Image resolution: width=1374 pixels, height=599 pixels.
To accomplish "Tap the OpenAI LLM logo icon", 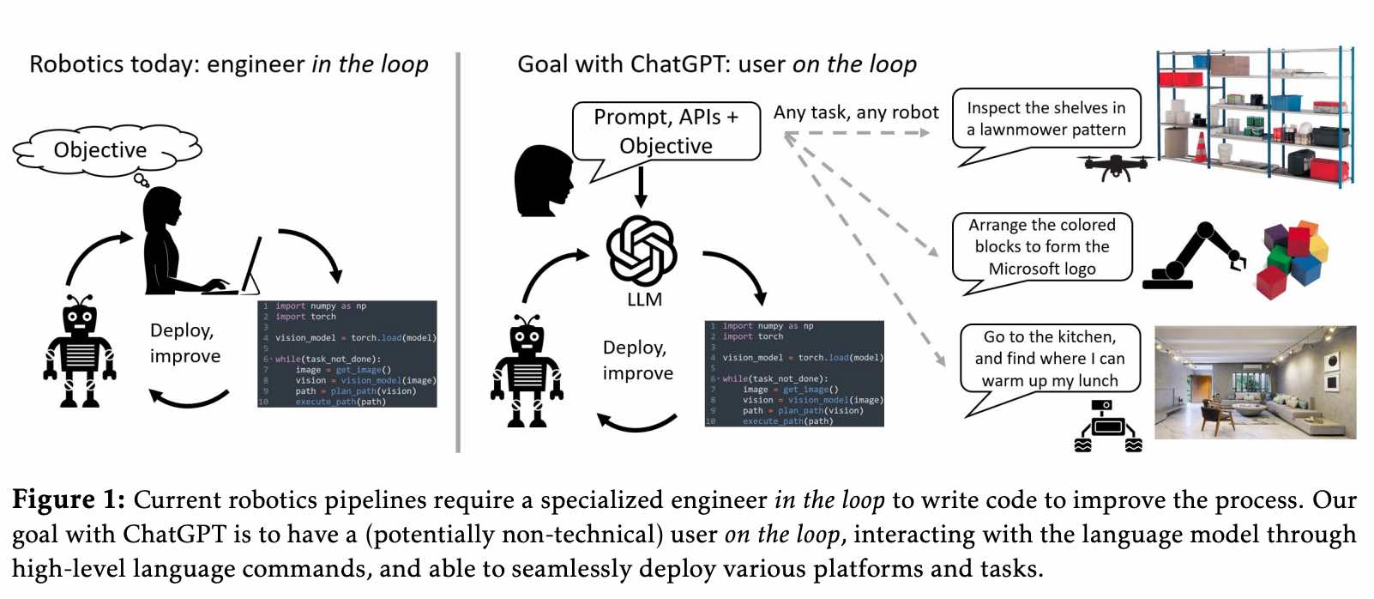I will (642, 251).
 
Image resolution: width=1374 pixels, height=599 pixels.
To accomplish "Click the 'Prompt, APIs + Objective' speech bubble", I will (666, 131).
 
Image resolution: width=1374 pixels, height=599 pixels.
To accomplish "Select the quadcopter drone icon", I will (1114, 166).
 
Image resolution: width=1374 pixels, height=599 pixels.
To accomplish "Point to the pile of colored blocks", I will (1292, 258).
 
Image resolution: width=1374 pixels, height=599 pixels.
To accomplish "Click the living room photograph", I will (1255, 382).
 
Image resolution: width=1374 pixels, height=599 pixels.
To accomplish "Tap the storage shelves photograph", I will (1254, 116).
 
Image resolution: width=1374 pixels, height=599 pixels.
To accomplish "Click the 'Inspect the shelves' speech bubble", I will (1046, 120).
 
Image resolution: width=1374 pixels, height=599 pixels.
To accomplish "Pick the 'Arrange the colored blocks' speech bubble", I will (1042, 247).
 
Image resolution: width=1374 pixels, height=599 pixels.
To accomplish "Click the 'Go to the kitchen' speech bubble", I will (1050, 359).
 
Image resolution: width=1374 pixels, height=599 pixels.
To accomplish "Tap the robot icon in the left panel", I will (80, 351).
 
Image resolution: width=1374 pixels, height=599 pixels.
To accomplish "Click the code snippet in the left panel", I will (347, 354).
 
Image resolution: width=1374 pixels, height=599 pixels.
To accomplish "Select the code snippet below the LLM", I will (794, 373).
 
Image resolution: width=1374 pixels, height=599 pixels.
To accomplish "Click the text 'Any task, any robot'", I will (855, 112).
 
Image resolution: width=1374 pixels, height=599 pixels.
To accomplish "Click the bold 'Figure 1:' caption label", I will (69, 500).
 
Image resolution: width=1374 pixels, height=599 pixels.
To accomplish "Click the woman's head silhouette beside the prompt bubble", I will (542, 180).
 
